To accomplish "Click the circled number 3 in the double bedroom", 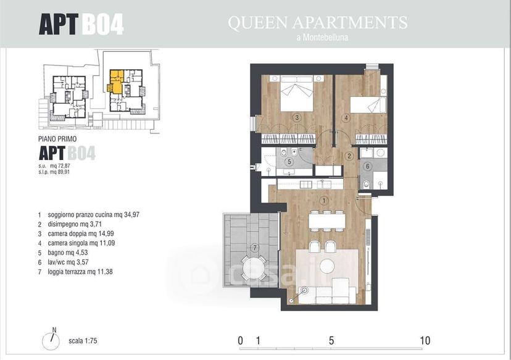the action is pos(297,118).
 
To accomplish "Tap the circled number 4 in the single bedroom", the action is pos(346,118).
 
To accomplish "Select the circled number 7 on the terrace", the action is pos(255,248).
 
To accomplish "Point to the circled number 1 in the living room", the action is pos(323,201).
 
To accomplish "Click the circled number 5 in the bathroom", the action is pos(288,161).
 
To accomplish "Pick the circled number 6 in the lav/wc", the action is pos(368,167).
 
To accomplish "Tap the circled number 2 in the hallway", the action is pos(349,156).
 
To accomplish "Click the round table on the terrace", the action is pos(254,267).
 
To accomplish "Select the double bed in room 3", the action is pos(297,94).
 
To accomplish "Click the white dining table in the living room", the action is pos(327,220).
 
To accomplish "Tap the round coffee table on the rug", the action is pos(327,266).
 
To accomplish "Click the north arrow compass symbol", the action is pos(51,340).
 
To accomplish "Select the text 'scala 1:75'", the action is pos(83,341).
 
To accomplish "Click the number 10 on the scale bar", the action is pos(425,341).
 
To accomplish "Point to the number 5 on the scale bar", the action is pos(331,341).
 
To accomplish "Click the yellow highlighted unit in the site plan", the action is pos(115,82).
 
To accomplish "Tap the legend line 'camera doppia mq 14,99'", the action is pos(81,234).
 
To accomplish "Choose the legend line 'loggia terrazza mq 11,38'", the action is pos(80,272).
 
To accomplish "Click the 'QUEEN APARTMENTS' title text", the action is pos(317,22).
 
